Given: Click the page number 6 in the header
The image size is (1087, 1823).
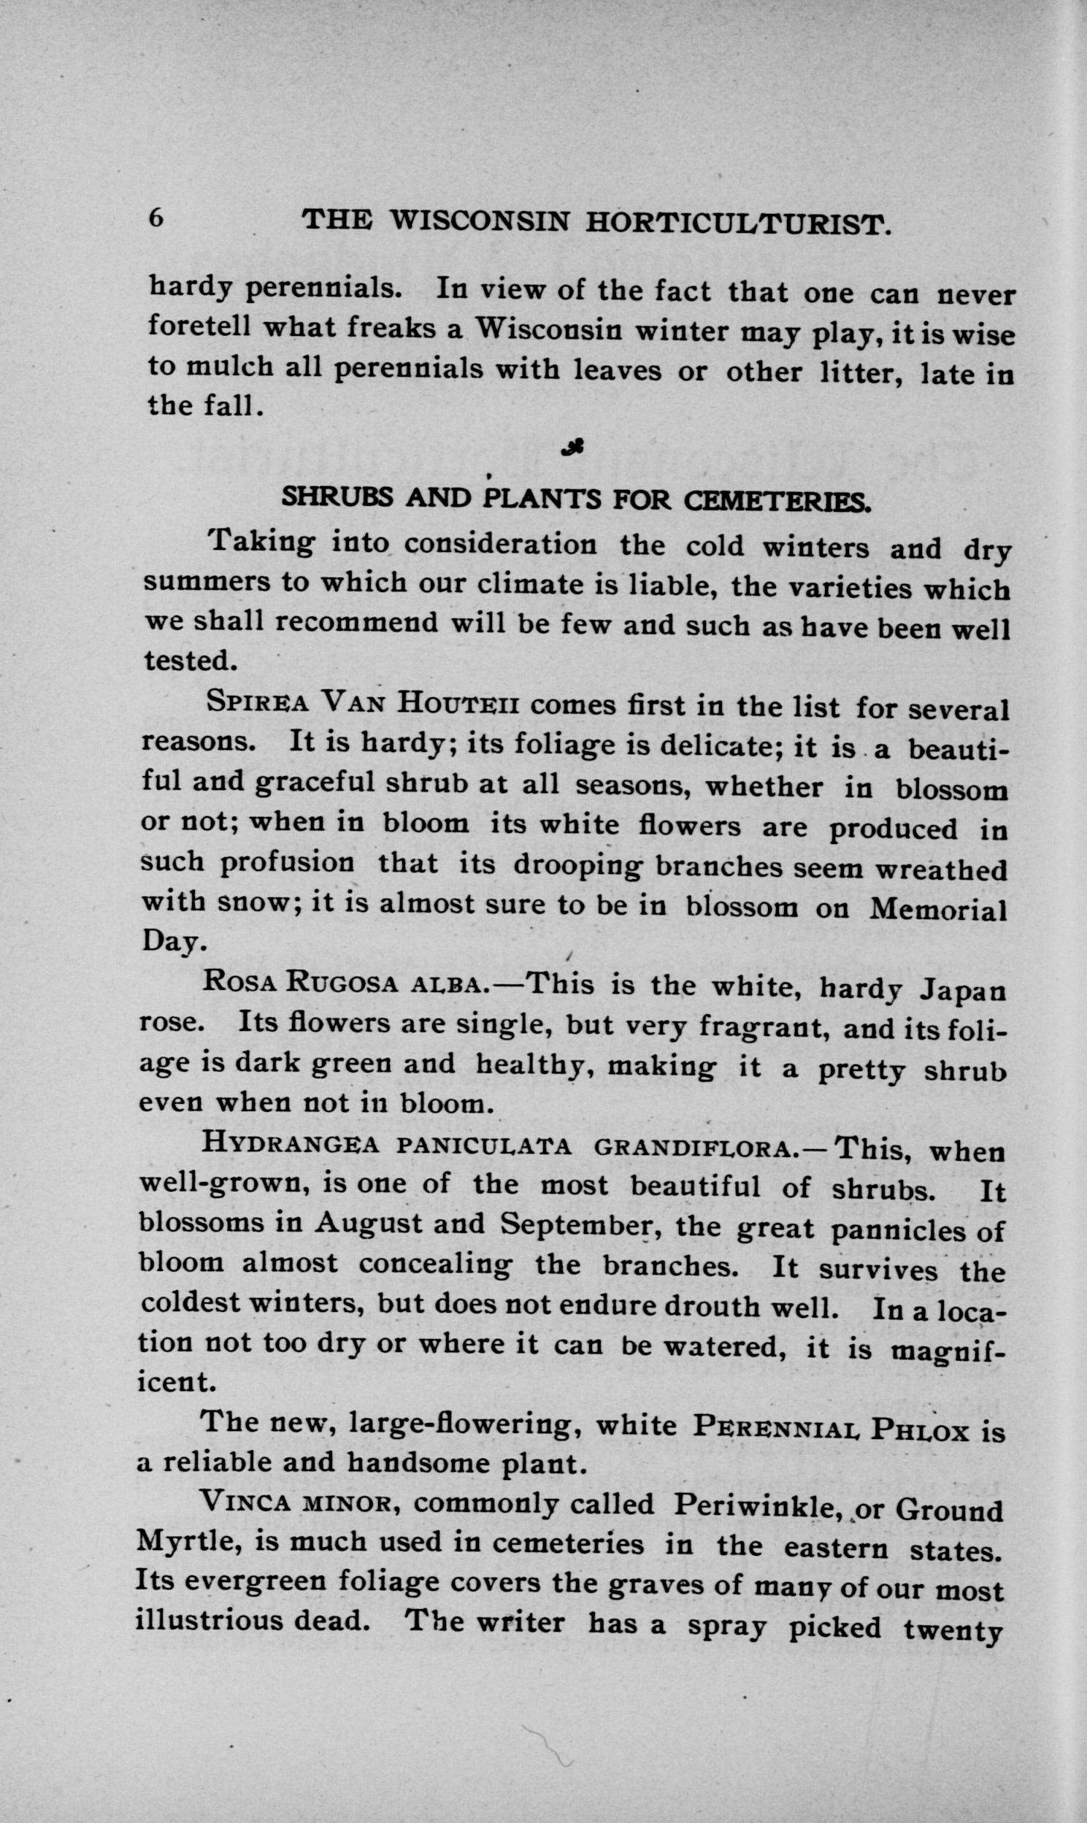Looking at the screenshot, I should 156,218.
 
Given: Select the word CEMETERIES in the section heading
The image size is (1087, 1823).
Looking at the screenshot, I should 777,501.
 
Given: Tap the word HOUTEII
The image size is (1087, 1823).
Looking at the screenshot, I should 458,705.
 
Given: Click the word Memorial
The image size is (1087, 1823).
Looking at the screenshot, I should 937,910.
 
